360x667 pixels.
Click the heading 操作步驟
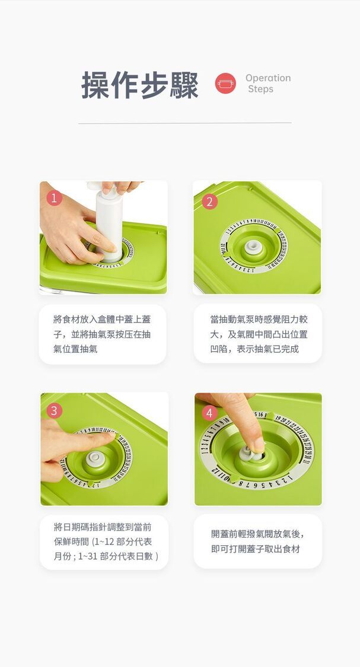click(139, 85)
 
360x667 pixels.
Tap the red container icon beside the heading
click(225, 84)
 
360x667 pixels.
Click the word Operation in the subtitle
click(268, 78)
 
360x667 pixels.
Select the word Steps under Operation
click(260, 89)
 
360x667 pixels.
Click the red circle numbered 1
click(55, 198)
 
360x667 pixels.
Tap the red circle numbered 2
click(209, 202)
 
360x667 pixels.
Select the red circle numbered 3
click(54, 410)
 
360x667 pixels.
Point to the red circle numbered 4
click(209, 413)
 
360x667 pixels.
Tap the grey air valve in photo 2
click(254, 247)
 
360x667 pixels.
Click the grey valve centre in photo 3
click(95, 458)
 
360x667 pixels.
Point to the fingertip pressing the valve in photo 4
click(257, 445)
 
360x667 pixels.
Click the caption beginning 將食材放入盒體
click(102, 334)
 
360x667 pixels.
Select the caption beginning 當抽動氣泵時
click(259, 334)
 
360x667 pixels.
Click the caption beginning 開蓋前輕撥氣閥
click(258, 541)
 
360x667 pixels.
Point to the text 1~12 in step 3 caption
click(102, 542)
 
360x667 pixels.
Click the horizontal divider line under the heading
click(184, 123)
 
